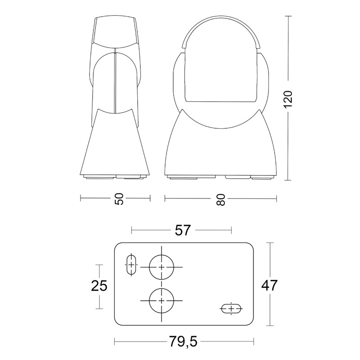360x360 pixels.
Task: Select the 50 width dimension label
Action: click(x=118, y=198)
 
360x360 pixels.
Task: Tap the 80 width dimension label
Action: click(x=220, y=198)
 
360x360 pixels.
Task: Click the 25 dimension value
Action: click(x=99, y=285)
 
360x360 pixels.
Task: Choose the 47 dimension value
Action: click(x=268, y=285)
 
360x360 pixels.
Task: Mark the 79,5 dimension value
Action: click(x=184, y=342)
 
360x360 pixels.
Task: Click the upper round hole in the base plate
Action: click(x=162, y=267)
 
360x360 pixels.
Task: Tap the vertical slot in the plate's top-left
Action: click(x=131, y=265)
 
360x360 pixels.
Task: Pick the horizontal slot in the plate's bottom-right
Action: click(x=231, y=309)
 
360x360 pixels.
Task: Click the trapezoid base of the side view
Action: click(x=116, y=144)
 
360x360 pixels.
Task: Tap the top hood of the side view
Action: click(x=115, y=31)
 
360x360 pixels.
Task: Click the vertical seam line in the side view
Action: click(x=115, y=81)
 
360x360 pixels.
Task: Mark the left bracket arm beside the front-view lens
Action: click(x=178, y=79)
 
